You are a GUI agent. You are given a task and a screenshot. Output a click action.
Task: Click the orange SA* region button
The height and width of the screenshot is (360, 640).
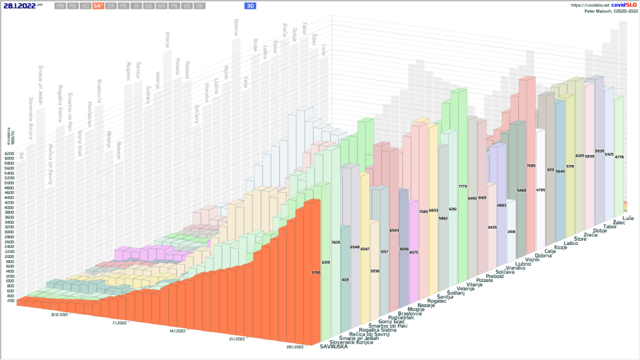coord(97,6)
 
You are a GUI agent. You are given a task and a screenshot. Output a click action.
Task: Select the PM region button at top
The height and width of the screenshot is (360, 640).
coord(60,6)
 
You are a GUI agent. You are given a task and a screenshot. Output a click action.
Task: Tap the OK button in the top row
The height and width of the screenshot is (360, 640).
coord(199,6)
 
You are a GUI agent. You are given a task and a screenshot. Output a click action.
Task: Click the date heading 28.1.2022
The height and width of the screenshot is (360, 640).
coord(18,5)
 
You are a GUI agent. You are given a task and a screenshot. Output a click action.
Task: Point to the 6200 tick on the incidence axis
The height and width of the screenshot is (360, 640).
coord(9,153)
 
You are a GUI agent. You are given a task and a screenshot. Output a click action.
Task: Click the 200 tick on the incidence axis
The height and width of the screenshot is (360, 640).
coord(11,301)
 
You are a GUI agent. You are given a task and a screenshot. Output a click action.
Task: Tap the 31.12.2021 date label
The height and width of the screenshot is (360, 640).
coord(60,315)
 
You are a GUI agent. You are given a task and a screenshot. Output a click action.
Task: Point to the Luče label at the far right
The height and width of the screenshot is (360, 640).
coord(628,217)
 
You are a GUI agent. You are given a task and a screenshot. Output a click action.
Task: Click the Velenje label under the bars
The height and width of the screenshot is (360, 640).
coord(466,289)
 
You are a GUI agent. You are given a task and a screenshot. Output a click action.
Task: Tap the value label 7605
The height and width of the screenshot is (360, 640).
coord(336,242)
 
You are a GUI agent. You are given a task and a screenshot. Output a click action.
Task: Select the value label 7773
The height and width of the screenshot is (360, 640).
coord(463,187)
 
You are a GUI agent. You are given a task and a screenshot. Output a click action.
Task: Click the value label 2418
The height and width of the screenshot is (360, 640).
coord(511,231)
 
